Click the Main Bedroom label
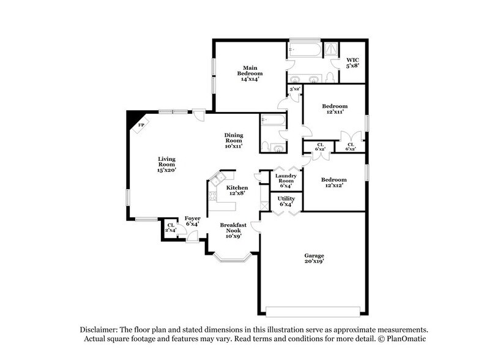(x=249, y=73)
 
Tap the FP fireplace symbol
(x=141, y=126)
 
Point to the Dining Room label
(x=234, y=140)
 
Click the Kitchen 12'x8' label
(x=237, y=190)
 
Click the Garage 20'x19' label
(x=314, y=258)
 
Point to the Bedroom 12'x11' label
(x=335, y=109)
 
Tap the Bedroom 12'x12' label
(x=335, y=183)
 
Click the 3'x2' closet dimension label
(x=294, y=89)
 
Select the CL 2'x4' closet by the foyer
(x=171, y=228)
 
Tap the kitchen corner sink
(x=215, y=179)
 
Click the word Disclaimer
(x=99, y=329)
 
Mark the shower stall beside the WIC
(x=331, y=49)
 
